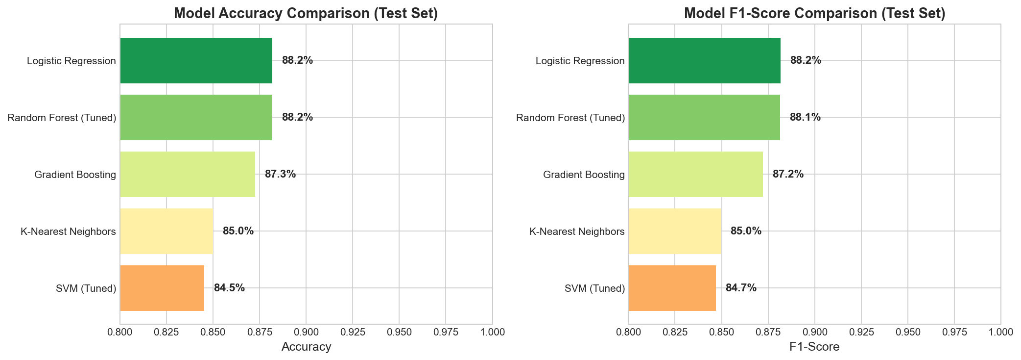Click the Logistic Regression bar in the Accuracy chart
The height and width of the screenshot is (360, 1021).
pyautogui.click(x=196, y=61)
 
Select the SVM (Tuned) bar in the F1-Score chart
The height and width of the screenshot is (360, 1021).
pyautogui.click(x=672, y=288)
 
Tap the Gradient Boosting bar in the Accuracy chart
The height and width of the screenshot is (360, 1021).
pyautogui.click(x=188, y=174)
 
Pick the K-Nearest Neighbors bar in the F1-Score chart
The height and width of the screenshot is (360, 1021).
pyautogui.click(x=674, y=231)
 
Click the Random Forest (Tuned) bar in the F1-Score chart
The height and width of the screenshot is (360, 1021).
pyautogui.click(x=704, y=117)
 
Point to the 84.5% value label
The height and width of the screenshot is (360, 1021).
pyautogui.click(x=229, y=288)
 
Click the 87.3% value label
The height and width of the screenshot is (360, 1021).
pyautogui.click(x=280, y=174)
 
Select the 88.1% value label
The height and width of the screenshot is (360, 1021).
pyautogui.click(x=805, y=117)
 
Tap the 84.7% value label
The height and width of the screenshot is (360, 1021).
pyautogui.click(x=741, y=288)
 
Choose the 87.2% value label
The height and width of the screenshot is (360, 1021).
pyautogui.click(x=788, y=174)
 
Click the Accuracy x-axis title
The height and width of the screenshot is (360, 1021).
pyautogui.click(x=307, y=347)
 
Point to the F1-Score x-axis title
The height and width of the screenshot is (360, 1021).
pyautogui.click(x=814, y=347)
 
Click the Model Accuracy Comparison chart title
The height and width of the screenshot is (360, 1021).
pyautogui.click(x=306, y=13)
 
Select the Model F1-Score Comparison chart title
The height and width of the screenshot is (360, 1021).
pyautogui.click(x=814, y=13)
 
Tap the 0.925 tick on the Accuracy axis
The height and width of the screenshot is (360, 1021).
pyautogui.click(x=353, y=332)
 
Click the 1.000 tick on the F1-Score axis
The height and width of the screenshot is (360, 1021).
pyautogui.click(x=1000, y=332)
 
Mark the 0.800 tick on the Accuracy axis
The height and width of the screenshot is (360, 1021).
pyautogui.click(x=120, y=332)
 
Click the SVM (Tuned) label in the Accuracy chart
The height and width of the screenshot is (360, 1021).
pyautogui.click(x=86, y=288)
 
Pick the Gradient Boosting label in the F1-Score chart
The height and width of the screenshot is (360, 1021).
pyautogui.click(x=584, y=175)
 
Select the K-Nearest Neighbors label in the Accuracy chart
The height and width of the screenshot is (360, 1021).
pyautogui.click(x=68, y=231)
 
